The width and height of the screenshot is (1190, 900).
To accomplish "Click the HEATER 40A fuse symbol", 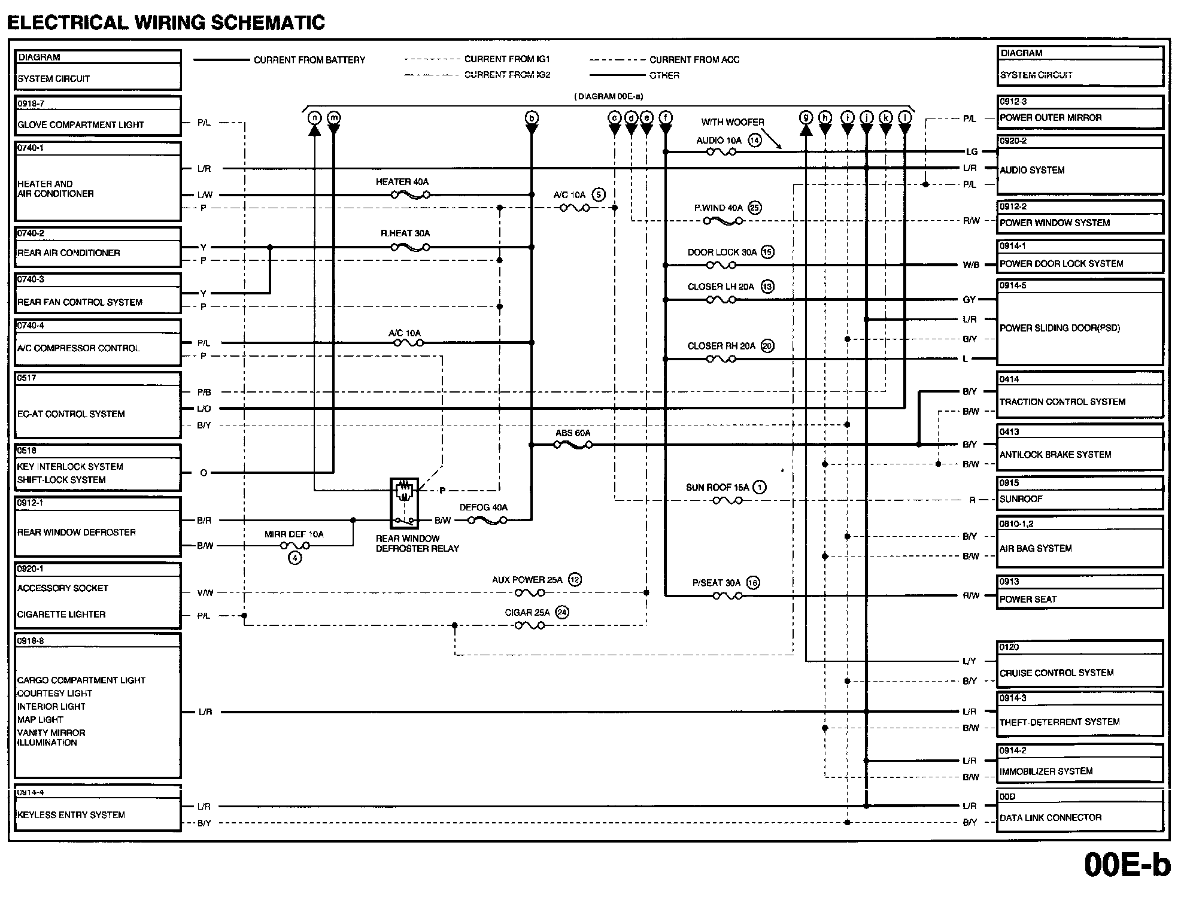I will (410, 194).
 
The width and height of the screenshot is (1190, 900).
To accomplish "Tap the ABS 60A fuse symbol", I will (573, 445).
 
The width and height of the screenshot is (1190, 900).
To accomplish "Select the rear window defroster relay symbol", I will (404, 502).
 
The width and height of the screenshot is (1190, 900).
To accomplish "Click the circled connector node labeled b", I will (532, 118).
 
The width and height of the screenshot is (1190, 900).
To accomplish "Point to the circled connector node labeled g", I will (806, 118).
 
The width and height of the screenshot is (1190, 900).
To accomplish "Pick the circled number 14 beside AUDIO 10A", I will (755, 141).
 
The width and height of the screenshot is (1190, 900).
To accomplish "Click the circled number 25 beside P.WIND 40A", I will (755, 208).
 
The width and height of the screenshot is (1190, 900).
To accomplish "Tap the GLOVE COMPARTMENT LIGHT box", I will (98, 117).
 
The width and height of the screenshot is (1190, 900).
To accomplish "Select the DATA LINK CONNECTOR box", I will (1080, 811).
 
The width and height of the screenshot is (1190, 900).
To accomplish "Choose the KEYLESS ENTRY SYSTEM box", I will (98, 808).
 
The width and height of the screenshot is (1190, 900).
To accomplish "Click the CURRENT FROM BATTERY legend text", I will (309, 60).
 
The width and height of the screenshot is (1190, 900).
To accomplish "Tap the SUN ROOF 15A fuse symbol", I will (727, 500).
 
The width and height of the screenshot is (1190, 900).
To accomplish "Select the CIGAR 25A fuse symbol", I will (530, 625).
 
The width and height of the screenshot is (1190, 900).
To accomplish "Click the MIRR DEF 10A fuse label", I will (294, 534).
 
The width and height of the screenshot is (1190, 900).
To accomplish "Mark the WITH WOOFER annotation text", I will (733, 122).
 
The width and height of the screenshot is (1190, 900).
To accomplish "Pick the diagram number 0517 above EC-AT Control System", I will (27, 378).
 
